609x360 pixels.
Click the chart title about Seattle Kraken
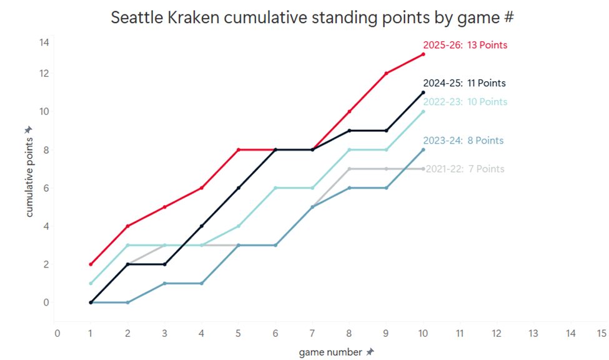(312, 17)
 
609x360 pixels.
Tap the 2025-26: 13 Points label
(465, 45)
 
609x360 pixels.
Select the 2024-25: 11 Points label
(464, 83)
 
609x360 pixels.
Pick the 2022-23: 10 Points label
(465, 102)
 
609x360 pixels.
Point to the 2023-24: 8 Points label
(463, 141)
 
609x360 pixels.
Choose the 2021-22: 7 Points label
(465, 169)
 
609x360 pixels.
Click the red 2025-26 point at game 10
(423, 54)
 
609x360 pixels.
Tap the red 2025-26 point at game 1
(91, 264)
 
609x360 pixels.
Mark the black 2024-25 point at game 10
(423, 92)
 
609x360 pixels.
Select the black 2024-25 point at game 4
(202, 226)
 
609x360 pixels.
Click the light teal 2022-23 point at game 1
(91, 283)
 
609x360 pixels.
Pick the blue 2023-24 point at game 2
(127, 302)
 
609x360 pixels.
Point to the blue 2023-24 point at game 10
(423, 150)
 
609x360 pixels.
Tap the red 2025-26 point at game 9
(387, 74)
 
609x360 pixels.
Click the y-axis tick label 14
(44, 42)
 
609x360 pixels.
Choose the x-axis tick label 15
(602, 333)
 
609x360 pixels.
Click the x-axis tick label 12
(496, 333)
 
